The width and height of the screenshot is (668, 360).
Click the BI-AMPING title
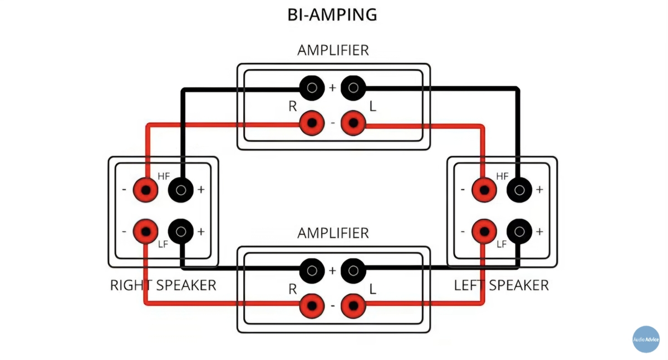[x=332, y=15]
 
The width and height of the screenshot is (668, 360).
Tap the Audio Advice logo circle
[x=646, y=339]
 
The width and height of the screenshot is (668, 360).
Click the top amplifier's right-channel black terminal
[x=312, y=87]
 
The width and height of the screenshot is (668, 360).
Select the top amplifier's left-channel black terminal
[x=352, y=87]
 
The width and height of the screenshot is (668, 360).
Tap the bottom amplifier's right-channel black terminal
[x=312, y=270]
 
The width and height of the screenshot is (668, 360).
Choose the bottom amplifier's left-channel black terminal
[x=352, y=270]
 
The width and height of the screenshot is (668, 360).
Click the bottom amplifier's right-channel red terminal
[x=312, y=305]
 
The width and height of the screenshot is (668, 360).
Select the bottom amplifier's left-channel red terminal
[x=352, y=305]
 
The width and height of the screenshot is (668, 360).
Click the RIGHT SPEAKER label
[x=163, y=285]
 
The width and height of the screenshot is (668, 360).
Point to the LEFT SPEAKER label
[x=501, y=285]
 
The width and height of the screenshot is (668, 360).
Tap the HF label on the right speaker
[x=164, y=176]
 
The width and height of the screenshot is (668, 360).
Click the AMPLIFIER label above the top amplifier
[x=333, y=50]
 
